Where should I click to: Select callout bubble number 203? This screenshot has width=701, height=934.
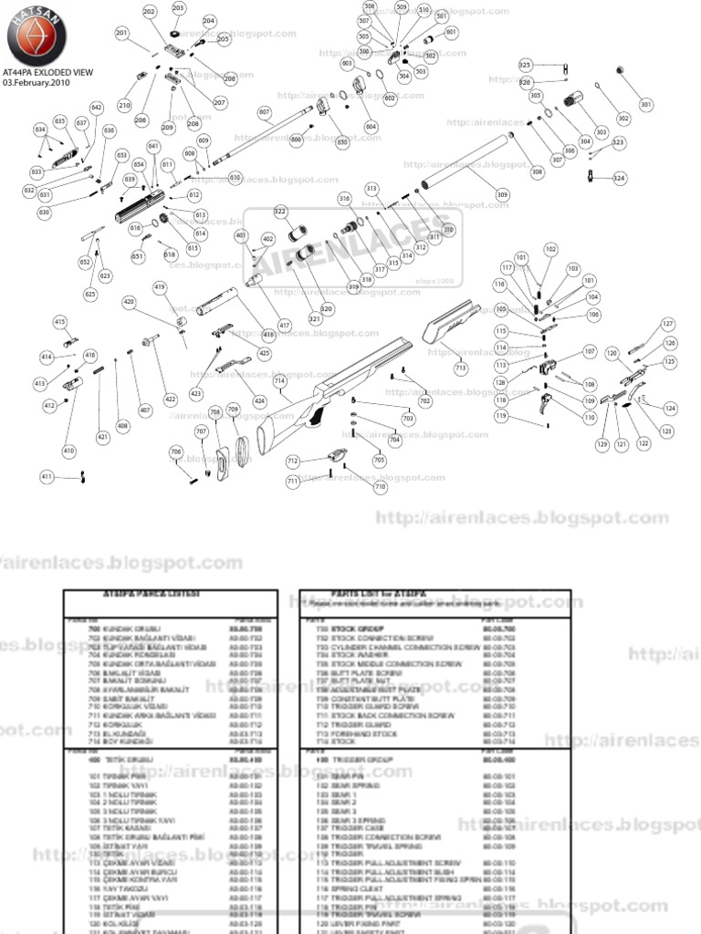(178, 8)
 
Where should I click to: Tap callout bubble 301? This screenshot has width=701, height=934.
(646, 105)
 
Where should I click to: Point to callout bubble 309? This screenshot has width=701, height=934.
(502, 193)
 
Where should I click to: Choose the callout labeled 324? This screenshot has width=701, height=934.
(620, 177)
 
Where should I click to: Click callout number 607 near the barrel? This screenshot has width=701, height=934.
(265, 113)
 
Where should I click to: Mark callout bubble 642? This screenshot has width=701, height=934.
(97, 108)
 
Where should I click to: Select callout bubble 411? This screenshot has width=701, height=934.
(47, 476)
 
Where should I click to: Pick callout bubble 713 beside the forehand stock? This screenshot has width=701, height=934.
(460, 367)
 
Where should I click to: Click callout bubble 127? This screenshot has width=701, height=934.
(668, 324)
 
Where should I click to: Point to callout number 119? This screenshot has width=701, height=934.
(501, 416)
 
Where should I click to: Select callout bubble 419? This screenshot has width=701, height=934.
(161, 288)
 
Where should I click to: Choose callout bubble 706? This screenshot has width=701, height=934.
(176, 451)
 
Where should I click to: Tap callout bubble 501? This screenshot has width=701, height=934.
(442, 16)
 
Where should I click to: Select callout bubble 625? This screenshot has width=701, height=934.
(90, 294)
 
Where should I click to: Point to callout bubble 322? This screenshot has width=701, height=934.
(280, 211)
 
